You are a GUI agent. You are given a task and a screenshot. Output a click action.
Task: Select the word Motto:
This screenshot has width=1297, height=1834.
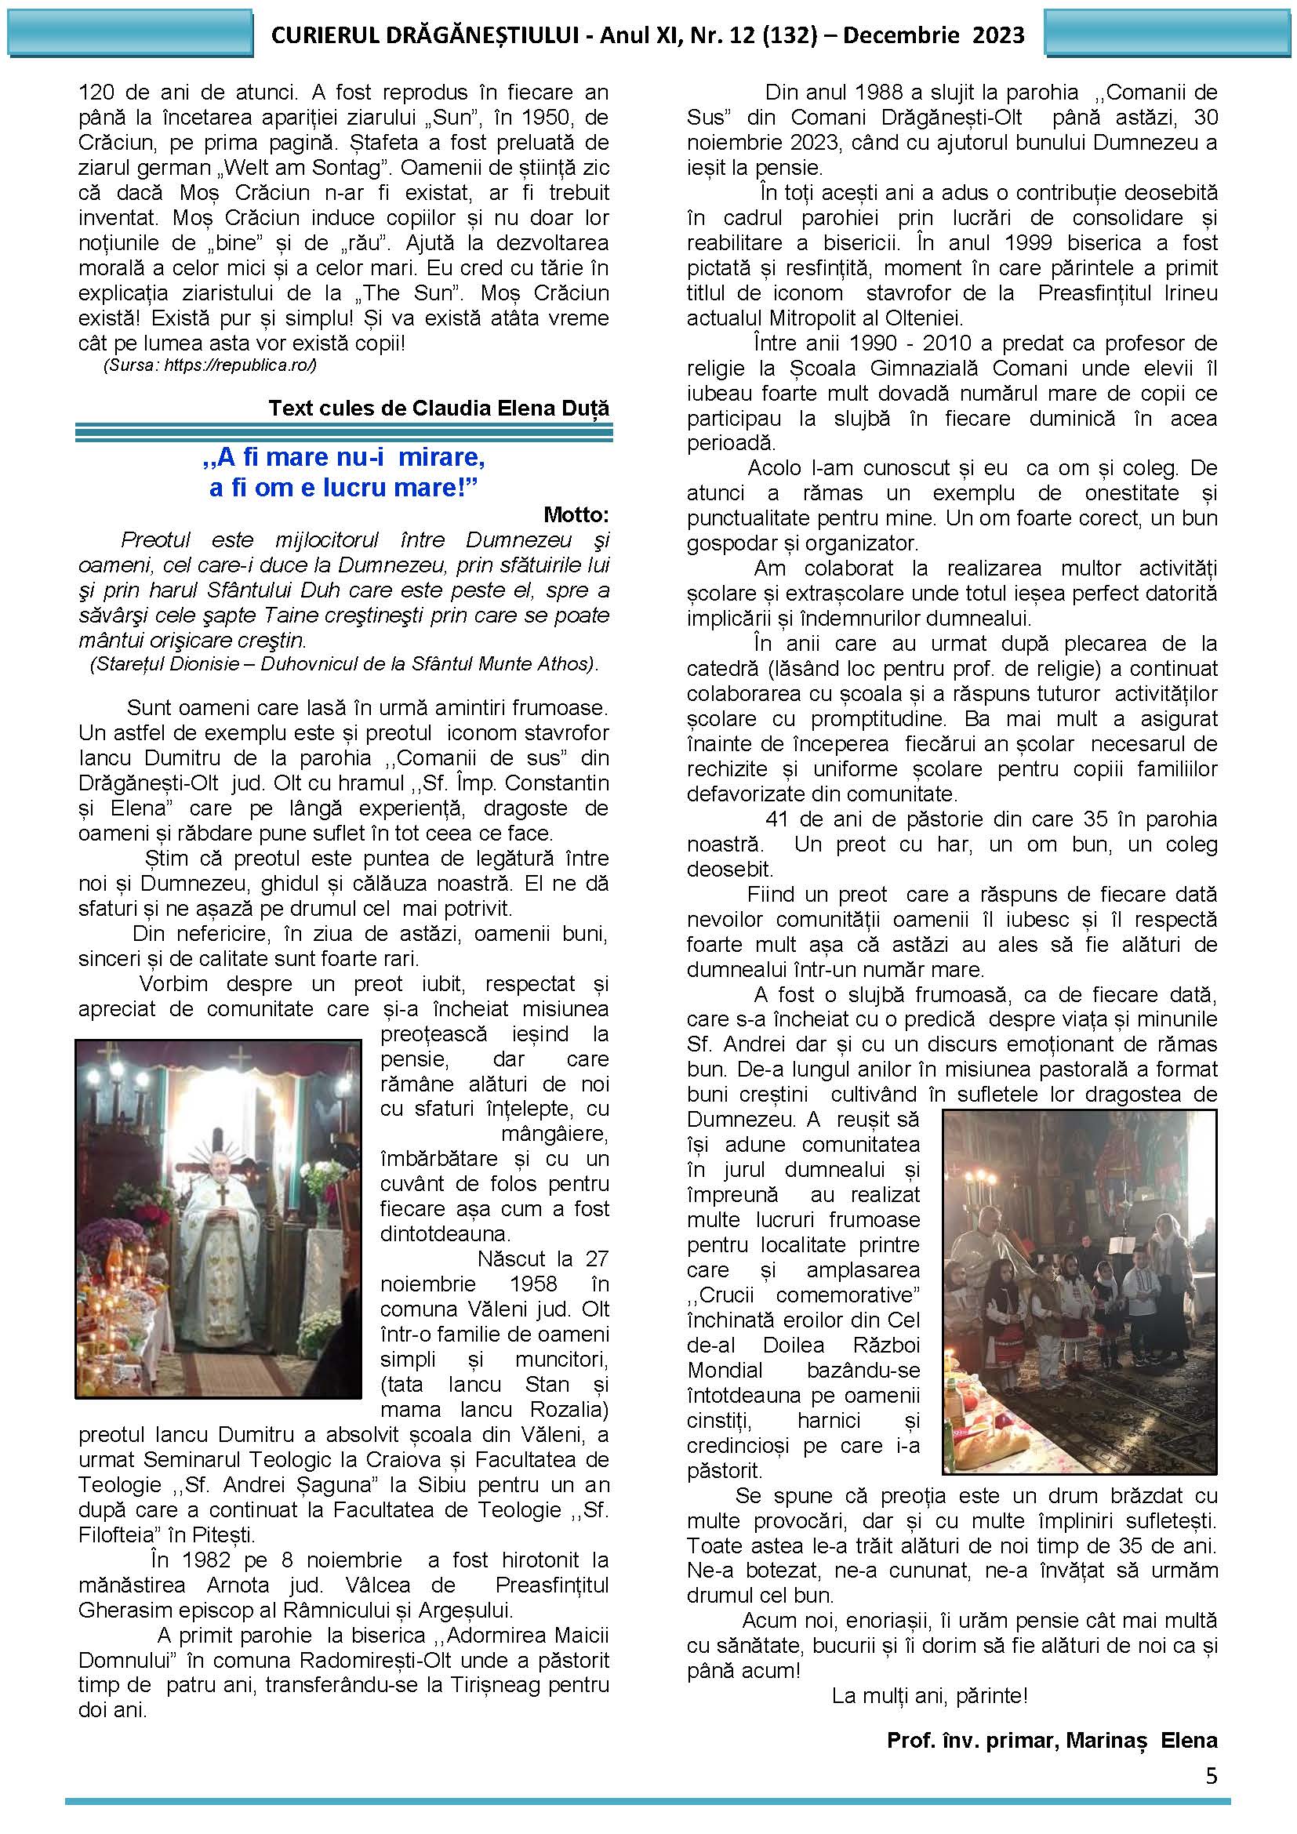click(x=576, y=514)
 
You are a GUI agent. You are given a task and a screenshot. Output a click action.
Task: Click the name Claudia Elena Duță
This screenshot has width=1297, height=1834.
click(x=510, y=409)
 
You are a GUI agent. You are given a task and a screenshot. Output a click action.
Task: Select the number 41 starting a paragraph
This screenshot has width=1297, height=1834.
click(x=778, y=819)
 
